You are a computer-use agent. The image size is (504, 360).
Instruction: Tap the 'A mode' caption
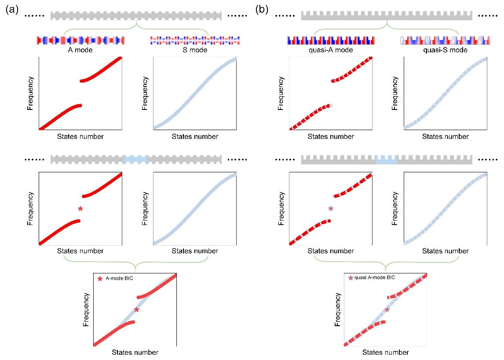click(x=80, y=50)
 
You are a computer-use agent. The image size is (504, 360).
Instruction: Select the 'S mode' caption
click(x=195, y=50)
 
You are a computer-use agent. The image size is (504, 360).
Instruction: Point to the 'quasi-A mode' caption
click(x=331, y=50)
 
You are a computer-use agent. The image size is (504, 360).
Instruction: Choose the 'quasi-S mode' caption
click(x=446, y=50)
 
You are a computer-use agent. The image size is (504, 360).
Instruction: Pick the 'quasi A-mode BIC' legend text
click(x=374, y=277)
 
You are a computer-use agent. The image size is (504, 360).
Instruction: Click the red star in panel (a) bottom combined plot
click(x=137, y=310)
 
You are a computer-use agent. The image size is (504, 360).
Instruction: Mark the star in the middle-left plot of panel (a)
click(x=80, y=208)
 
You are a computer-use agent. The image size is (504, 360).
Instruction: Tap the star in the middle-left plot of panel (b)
click(x=331, y=208)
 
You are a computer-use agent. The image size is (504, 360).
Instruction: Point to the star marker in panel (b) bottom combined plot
click(x=387, y=310)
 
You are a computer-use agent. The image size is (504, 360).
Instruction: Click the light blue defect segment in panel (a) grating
click(x=135, y=159)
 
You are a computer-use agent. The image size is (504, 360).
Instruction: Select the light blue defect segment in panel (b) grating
click(x=386, y=160)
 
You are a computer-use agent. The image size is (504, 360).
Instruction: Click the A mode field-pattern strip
click(x=80, y=40)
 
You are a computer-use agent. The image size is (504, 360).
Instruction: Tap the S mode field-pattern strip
click(x=195, y=40)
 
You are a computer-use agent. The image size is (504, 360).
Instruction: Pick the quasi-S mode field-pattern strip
click(x=445, y=40)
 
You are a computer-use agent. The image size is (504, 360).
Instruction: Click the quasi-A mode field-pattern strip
click(x=331, y=40)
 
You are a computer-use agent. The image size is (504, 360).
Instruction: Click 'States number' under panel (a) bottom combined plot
click(x=135, y=352)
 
